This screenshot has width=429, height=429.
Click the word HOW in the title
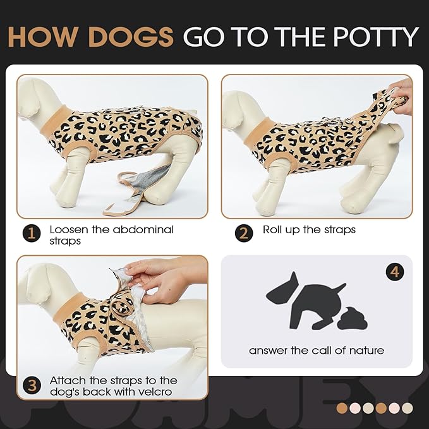(x=43, y=37)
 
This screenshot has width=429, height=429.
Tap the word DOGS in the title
(x=130, y=37)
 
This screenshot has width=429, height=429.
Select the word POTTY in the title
(x=374, y=37)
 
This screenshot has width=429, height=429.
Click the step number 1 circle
(x=32, y=234)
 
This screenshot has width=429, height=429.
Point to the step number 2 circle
(x=245, y=234)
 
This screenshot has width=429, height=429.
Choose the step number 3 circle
(x=32, y=384)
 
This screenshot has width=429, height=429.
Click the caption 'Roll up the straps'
(x=309, y=229)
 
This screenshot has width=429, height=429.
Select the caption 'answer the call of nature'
(x=317, y=350)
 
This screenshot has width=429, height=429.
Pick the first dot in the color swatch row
(x=342, y=408)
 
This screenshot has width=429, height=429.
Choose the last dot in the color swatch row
(x=407, y=408)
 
